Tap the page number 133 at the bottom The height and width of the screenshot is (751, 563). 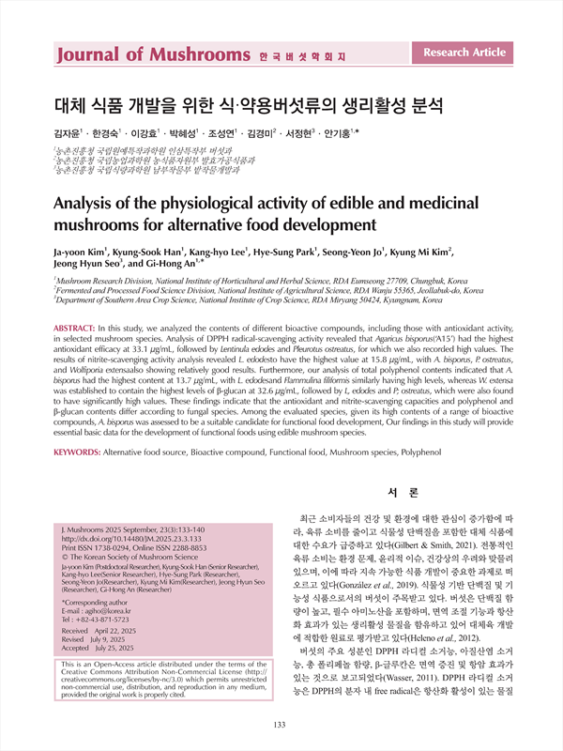point(280,724)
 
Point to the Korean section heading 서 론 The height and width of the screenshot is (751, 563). point(403,491)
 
